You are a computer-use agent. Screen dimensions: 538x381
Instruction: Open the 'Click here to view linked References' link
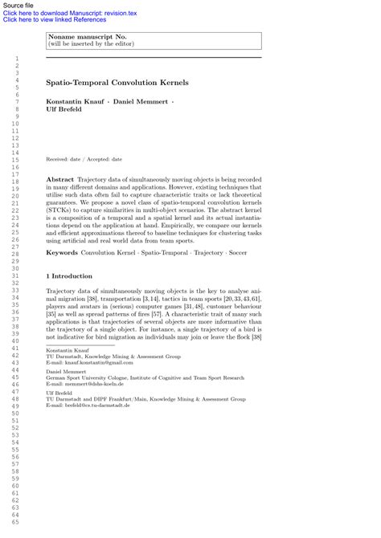(55, 20)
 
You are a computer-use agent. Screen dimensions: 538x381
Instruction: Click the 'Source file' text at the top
(18, 6)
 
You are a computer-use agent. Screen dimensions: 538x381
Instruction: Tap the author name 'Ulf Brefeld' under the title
(64, 109)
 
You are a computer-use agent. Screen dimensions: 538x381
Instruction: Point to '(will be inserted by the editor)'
(91, 44)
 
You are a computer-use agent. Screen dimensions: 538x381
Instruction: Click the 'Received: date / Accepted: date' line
(84, 160)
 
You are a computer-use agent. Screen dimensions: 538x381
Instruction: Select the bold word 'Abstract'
(60, 179)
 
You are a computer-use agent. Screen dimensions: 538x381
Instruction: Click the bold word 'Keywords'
(62, 252)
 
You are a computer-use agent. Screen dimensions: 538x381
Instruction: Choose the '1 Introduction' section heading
(69, 275)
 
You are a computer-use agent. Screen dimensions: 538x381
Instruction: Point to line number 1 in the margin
(16, 59)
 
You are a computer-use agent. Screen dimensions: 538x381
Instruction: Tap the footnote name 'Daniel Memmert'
(66, 372)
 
